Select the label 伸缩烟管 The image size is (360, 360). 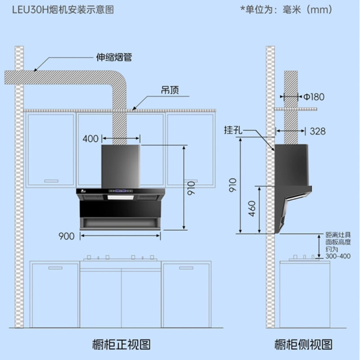[x=114, y=58]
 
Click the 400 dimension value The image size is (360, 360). [x=90, y=138]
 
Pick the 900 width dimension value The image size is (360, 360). [x=66, y=236]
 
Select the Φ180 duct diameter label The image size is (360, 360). [x=314, y=96]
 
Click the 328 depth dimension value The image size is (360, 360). [x=317, y=131]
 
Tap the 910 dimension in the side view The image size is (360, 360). [x=233, y=184]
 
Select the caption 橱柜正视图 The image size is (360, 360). [x=121, y=345]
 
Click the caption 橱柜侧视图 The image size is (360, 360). [x=304, y=345]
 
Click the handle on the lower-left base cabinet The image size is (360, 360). [x=55, y=268]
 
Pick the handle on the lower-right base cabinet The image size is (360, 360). [x=184, y=268]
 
